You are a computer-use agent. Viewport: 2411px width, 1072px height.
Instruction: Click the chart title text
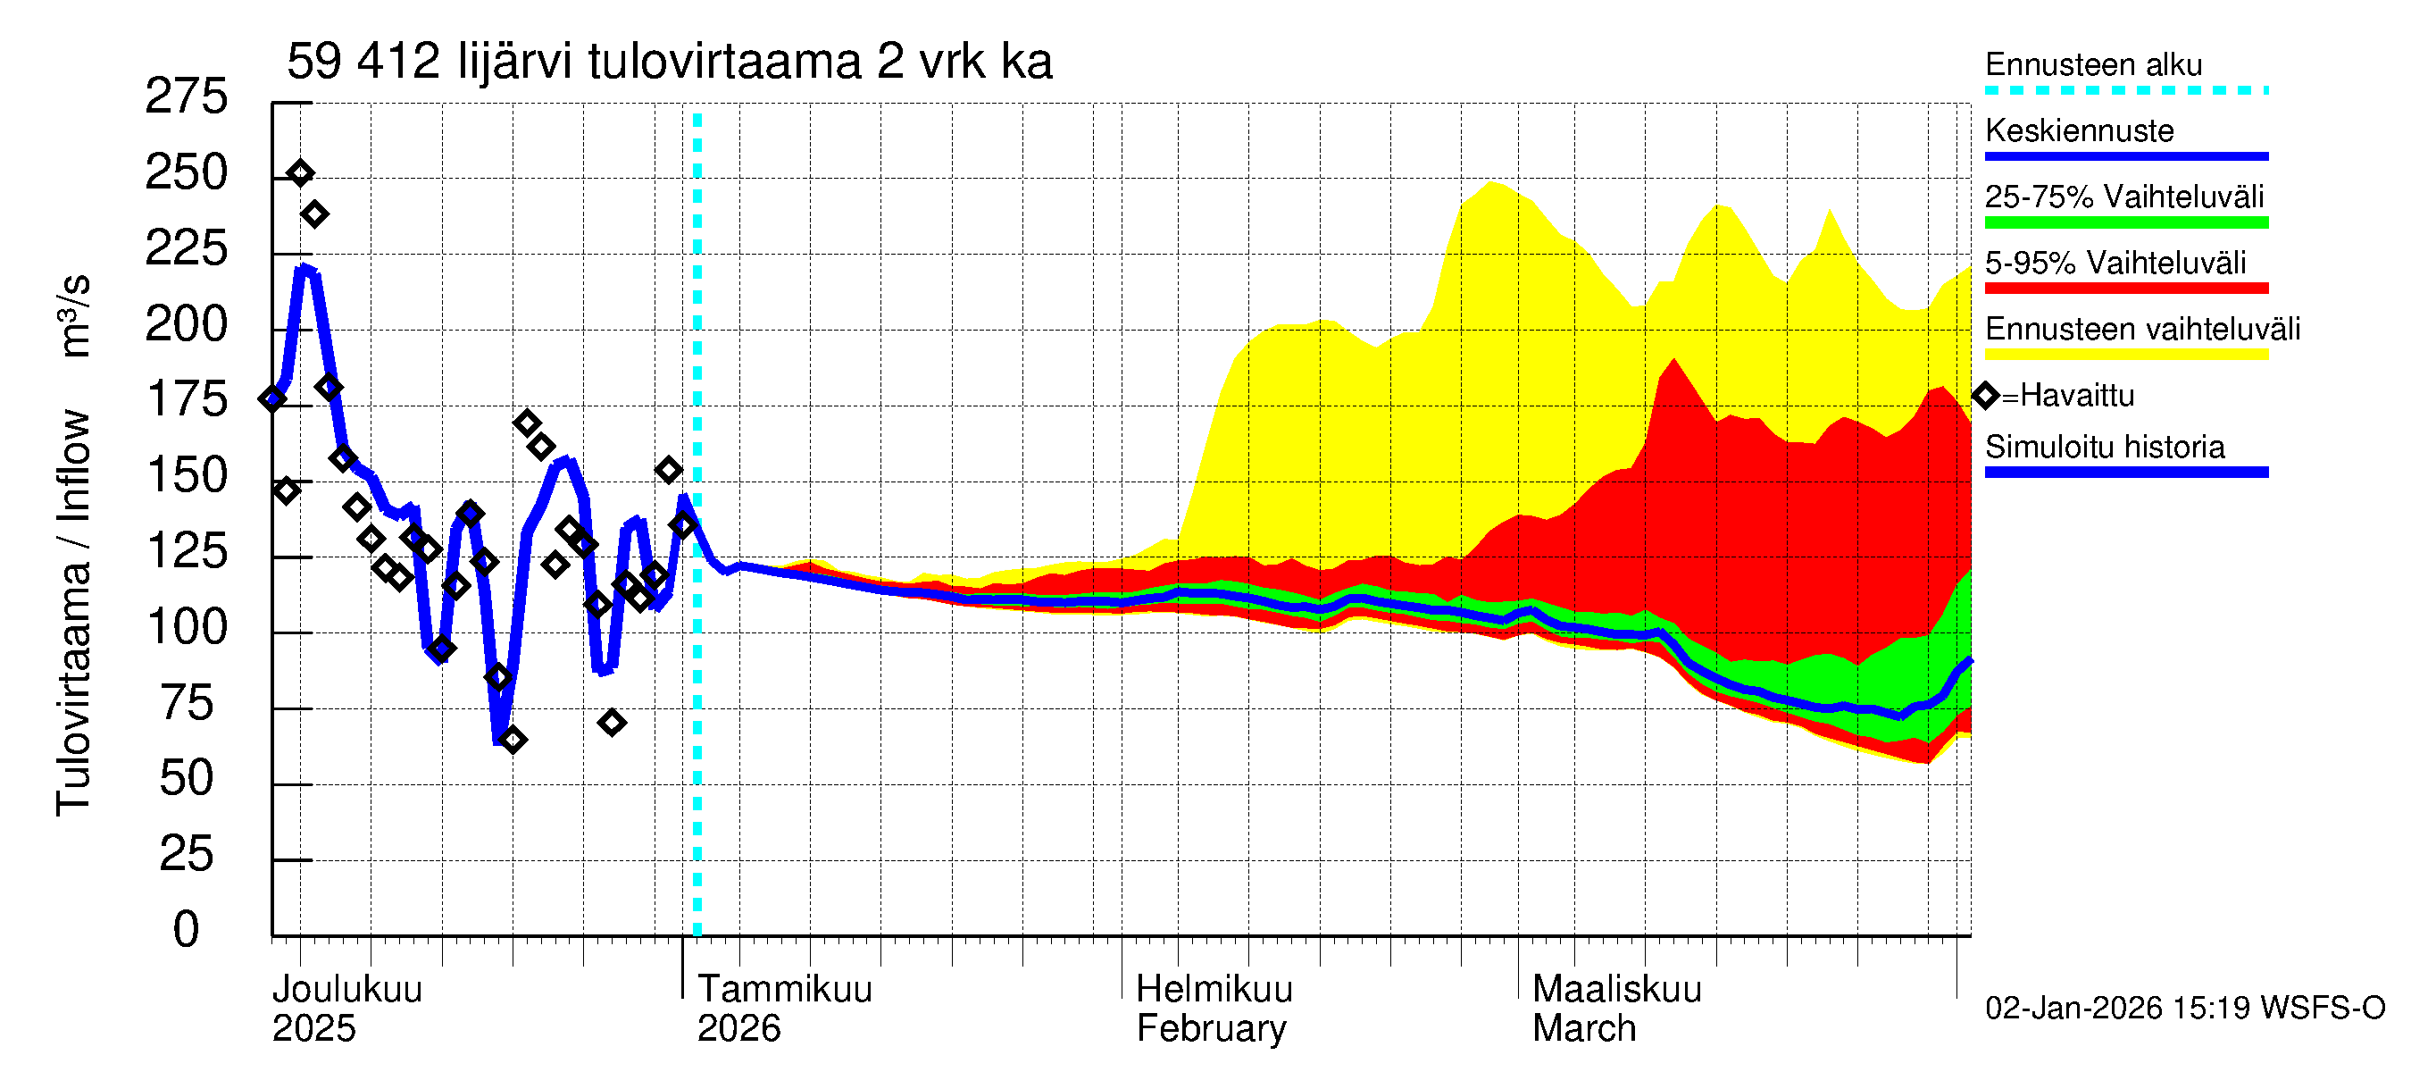point(669,62)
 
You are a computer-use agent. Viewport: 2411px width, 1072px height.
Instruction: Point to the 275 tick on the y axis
point(186,96)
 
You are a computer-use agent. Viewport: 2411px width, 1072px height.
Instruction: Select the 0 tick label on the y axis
point(186,930)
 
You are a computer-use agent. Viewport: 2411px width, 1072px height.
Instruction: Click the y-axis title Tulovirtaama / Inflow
point(73,613)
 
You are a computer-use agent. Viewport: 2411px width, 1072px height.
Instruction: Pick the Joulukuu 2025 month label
point(346,1009)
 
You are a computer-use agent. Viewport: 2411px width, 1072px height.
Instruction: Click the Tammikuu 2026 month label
point(784,1009)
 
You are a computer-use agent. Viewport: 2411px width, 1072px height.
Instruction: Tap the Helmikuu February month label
point(1213,1009)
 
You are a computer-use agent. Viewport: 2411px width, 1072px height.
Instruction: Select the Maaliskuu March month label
point(1616,1009)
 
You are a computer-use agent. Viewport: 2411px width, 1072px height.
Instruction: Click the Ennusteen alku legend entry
point(2093,64)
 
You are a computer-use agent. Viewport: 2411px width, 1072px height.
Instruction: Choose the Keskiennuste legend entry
point(2079,130)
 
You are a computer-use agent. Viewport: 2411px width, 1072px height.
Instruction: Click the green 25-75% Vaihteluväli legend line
point(2125,222)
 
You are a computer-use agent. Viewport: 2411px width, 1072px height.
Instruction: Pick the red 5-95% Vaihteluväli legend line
point(2125,289)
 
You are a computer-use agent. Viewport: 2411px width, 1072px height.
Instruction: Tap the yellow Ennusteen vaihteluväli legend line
point(2125,355)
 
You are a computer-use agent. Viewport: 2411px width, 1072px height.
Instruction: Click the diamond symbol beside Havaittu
point(1986,396)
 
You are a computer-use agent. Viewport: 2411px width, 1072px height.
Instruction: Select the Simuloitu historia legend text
point(2104,447)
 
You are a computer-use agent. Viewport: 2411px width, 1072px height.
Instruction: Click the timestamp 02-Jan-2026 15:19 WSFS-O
point(2184,1009)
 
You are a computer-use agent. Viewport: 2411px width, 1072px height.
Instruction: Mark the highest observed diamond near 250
point(300,173)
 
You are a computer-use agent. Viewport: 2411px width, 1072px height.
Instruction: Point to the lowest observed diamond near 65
point(512,741)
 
